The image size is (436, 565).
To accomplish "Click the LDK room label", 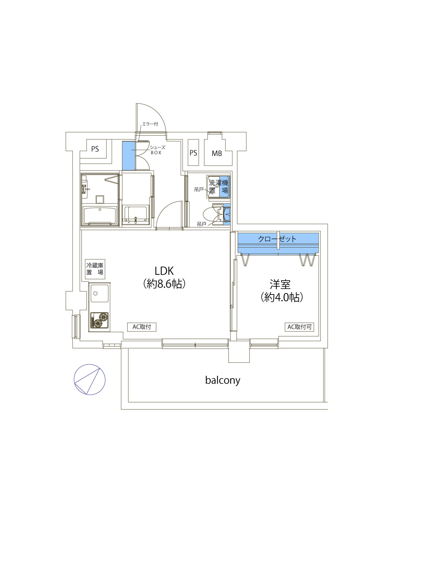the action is click(164, 271).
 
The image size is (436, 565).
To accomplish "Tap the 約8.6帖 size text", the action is click(164, 284).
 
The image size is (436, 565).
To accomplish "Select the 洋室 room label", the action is click(280, 285).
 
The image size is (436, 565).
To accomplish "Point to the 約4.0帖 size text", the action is click(282, 297).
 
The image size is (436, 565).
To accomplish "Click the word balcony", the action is click(223, 380).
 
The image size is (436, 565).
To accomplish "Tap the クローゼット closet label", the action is click(277, 239).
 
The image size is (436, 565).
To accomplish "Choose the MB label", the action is click(217, 153).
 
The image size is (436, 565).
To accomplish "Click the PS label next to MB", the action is click(193, 153).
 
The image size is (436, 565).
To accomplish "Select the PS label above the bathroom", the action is click(95, 149).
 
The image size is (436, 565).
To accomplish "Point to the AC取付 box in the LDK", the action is click(142, 327).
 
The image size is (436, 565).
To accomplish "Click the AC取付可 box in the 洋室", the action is click(299, 327).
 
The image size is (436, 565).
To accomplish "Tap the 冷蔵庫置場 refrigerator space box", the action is click(95, 269).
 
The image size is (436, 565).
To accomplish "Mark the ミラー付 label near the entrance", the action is click(150, 124).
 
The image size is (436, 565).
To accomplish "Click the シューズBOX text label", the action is click(157, 150).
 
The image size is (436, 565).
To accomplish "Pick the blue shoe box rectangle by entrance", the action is click(129, 155).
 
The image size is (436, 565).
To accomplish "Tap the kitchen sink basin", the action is click(100, 293).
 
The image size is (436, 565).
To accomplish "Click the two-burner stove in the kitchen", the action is click(100, 320).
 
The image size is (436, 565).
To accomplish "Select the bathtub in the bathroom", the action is click(100, 216).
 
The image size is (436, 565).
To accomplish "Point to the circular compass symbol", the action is click(90, 380).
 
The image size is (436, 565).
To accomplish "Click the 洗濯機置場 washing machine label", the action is click(219, 187).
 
